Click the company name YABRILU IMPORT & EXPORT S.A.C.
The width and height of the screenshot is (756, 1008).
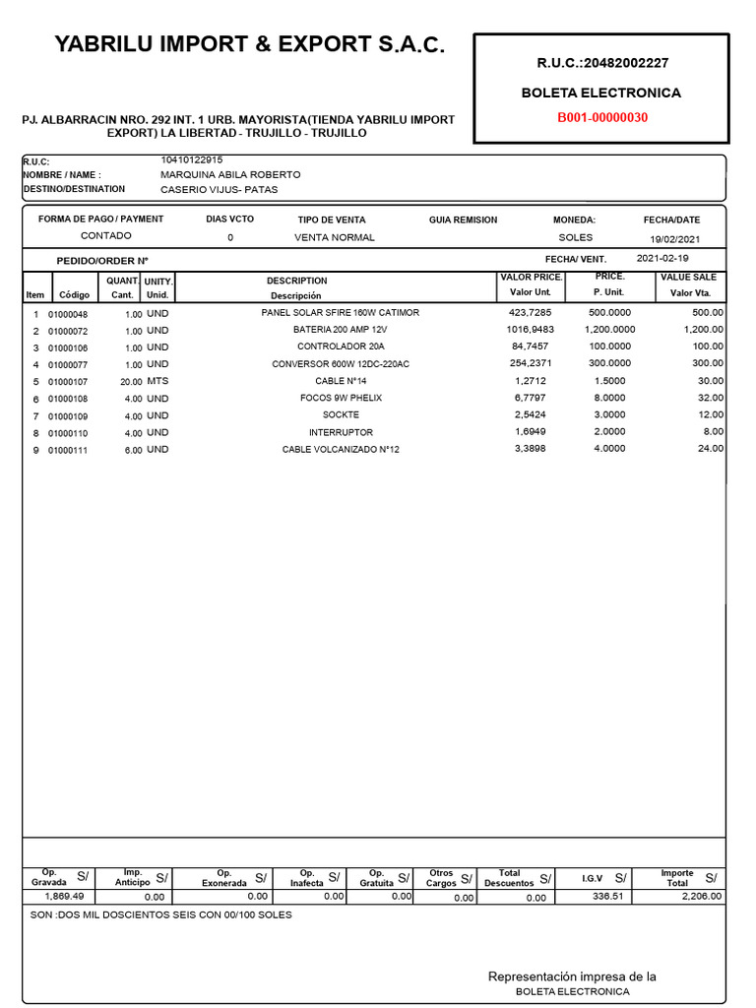coord(249,44)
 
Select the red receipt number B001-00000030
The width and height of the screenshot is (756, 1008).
coord(601,118)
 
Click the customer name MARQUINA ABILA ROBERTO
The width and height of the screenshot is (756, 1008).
coord(230,174)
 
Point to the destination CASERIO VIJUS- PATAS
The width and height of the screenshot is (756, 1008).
coord(219,189)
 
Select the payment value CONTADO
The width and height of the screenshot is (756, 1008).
coord(105,236)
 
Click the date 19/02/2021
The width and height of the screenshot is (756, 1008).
coord(674,239)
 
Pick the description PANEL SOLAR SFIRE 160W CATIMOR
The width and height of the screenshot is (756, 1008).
coord(340,313)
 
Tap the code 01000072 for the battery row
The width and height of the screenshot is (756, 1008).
coord(68,331)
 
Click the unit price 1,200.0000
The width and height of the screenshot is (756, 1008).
coord(609,330)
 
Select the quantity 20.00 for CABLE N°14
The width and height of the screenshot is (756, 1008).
coord(131,381)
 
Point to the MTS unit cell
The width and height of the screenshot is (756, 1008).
coord(157,381)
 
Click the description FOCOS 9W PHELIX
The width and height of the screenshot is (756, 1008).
coord(341,398)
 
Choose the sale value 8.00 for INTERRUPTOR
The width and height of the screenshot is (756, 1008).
coord(713,432)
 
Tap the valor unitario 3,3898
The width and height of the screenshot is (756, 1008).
coord(532,449)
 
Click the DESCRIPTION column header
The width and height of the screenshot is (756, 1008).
coord(296,282)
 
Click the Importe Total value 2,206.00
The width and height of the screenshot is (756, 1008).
coord(702,897)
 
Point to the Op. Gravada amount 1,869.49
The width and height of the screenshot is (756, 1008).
coord(65,897)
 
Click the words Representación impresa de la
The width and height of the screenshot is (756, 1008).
coord(572,976)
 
